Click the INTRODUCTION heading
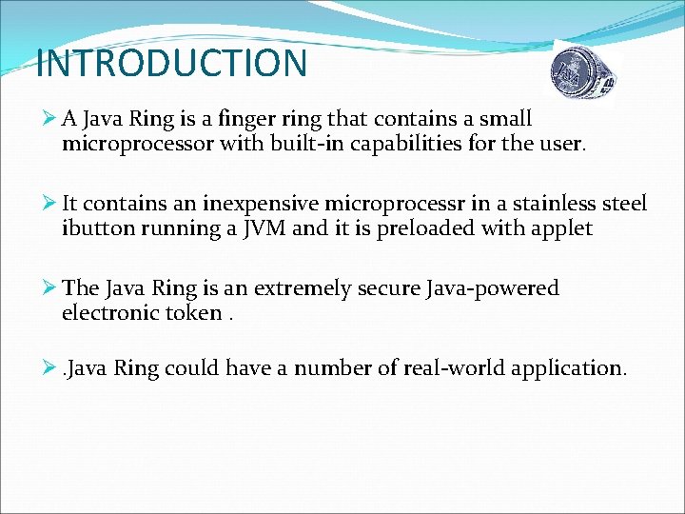pyautogui.click(x=171, y=64)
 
